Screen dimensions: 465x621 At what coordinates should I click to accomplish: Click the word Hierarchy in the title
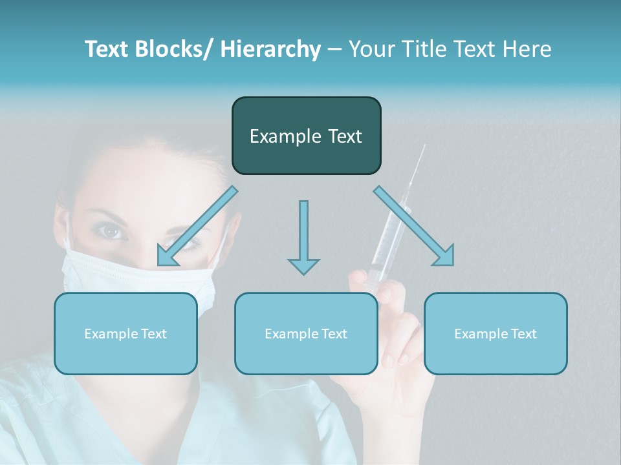point(270,49)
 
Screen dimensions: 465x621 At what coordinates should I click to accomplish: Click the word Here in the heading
point(525,49)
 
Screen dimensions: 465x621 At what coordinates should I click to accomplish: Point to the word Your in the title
point(370,49)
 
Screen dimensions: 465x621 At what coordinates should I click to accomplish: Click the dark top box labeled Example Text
point(306,136)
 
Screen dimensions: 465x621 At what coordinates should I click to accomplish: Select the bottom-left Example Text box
point(125,333)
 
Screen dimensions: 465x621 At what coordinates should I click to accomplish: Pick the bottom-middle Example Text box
point(306,333)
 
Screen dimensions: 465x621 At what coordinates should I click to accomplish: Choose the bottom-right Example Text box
point(496,333)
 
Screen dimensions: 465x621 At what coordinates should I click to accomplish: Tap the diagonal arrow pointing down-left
point(196,227)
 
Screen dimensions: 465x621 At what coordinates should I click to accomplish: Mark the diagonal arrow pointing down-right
point(415,227)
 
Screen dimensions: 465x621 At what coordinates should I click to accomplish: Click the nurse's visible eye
point(112,231)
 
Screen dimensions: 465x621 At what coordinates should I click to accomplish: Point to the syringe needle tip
point(424,146)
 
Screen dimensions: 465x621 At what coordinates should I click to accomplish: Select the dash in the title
point(334,50)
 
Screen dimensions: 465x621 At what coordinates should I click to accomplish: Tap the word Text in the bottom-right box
point(523,333)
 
